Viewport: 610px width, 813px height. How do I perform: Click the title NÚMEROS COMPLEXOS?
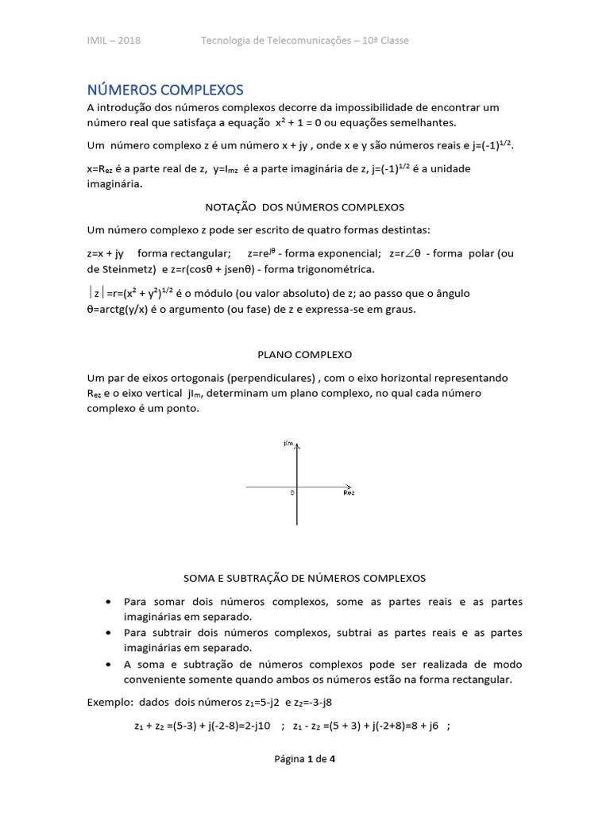(x=165, y=89)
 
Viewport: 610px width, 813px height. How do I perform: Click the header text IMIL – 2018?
(x=114, y=40)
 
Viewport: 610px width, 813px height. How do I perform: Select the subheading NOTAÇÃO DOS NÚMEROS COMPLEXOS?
(x=304, y=207)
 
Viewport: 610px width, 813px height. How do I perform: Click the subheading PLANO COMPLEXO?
(x=304, y=354)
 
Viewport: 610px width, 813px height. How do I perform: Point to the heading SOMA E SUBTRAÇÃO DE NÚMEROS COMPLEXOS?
(x=304, y=578)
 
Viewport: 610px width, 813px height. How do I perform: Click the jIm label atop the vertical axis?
(x=288, y=444)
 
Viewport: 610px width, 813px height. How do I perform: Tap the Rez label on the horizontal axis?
(x=349, y=493)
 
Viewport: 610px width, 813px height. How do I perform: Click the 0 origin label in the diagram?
(x=291, y=493)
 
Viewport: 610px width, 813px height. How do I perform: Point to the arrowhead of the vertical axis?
(x=297, y=449)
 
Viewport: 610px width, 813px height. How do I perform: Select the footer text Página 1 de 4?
(x=304, y=759)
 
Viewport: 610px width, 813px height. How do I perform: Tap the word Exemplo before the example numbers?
(x=110, y=703)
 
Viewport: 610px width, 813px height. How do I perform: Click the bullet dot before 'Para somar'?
(x=107, y=603)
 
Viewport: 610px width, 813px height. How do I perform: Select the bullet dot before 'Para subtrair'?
(x=107, y=633)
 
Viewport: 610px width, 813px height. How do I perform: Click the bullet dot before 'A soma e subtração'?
(x=107, y=664)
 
